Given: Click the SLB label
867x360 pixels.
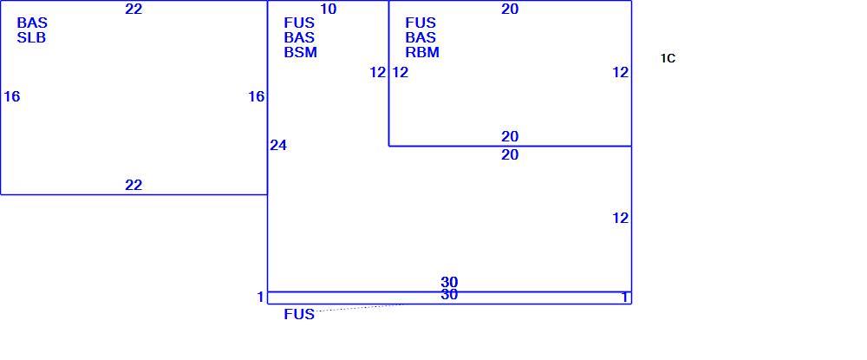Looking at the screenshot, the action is coord(31,38).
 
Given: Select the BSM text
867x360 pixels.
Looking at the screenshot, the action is coord(301,53).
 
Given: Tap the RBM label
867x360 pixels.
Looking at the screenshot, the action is coord(422,53).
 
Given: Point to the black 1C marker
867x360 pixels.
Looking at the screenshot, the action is coord(668,59).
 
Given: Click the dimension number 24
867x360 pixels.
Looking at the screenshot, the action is coord(278,146).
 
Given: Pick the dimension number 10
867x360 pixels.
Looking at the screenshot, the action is coord(328,9).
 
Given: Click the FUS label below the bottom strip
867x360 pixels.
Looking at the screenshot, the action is coord(299,315).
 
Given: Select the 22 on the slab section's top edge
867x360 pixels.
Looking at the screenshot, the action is coord(134,9).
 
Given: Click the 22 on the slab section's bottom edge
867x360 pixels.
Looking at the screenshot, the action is coord(134,186).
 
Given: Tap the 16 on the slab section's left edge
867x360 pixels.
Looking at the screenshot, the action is coord(11,97).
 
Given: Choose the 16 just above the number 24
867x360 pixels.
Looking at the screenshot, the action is coord(257,97).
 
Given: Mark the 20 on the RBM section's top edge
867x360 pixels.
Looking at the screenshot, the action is coord(510,9).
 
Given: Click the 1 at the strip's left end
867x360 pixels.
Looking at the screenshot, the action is coord(260,298).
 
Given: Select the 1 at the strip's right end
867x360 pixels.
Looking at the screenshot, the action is coord(625,298).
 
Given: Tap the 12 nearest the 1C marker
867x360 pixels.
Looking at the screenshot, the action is coord(621,73).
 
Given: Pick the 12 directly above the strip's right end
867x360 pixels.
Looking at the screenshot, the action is coord(621,219).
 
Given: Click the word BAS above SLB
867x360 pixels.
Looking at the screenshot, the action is coord(32,23).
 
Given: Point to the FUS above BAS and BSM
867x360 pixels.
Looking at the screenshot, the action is coord(299,23).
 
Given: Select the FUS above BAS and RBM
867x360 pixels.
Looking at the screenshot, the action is coord(420,23).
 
